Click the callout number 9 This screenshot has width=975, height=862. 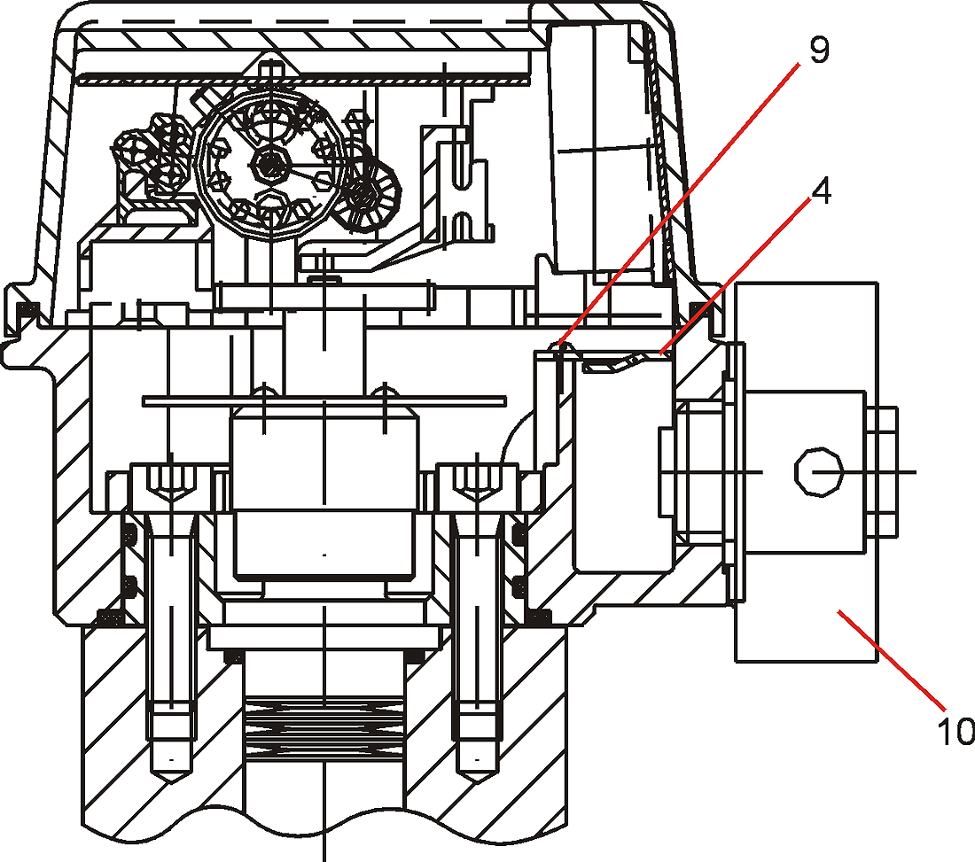coord(820,50)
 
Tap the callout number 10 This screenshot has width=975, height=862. coord(956,731)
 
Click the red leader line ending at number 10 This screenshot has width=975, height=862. coord(891,660)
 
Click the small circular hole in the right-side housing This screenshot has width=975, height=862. coord(819,471)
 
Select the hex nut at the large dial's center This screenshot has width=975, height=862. coord(269,166)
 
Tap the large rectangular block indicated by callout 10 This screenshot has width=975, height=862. coord(807,472)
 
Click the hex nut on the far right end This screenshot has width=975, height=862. coord(882,472)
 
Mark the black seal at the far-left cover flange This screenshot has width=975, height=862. coord(27,309)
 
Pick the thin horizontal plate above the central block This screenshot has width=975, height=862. coord(324,401)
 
